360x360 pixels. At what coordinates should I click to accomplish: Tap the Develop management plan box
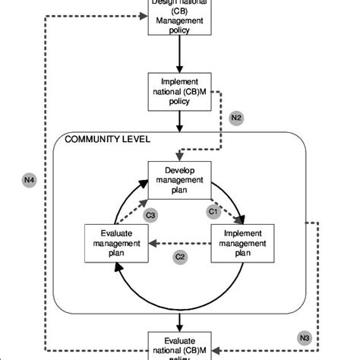coord(179,179)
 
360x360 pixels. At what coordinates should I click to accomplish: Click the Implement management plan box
coord(242,242)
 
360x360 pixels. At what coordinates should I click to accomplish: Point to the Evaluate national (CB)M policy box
coord(180,346)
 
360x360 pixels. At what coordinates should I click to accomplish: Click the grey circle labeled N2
coord(236,118)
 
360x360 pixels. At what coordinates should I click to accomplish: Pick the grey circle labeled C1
coord(213,211)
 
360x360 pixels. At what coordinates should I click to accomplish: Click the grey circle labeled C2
coord(180,257)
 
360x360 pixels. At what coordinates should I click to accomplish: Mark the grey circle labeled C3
coord(151,216)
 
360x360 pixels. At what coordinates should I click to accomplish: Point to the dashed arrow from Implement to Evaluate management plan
coord(179,243)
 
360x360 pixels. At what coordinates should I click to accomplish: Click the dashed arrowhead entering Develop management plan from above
coord(179,155)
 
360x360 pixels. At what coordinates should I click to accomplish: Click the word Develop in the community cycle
coord(179,171)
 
